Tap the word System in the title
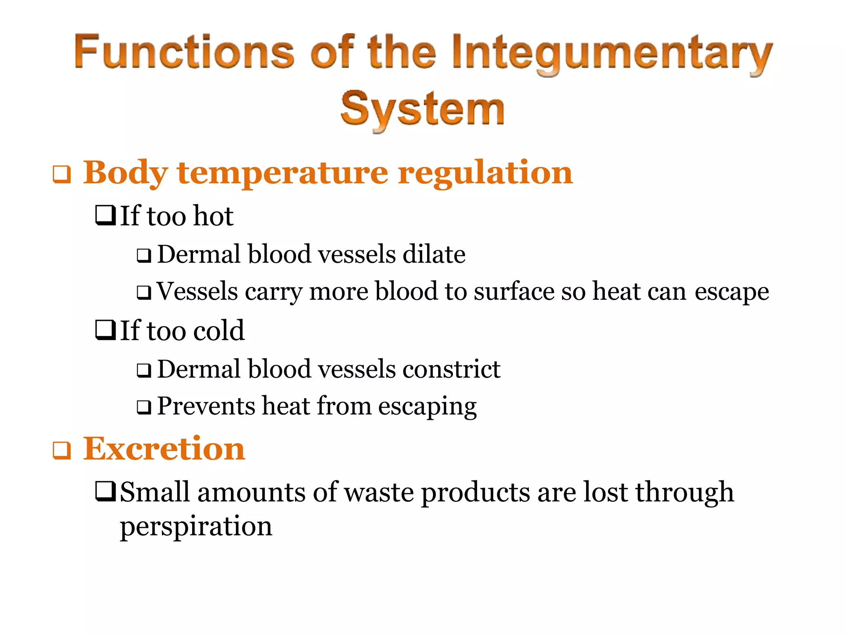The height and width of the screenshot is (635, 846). click(x=422, y=109)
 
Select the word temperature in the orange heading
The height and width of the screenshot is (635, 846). click(x=283, y=173)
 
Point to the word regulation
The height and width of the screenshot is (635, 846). click(x=485, y=173)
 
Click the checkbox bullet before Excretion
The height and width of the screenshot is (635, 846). click(x=62, y=450)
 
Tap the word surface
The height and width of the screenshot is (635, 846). click(x=514, y=291)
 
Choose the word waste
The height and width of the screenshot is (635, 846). click(x=379, y=492)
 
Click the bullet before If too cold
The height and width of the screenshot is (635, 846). click(x=105, y=330)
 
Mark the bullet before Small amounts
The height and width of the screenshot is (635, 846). click(x=105, y=491)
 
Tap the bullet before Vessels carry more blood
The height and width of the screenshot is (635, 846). click(x=144, y=293)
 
